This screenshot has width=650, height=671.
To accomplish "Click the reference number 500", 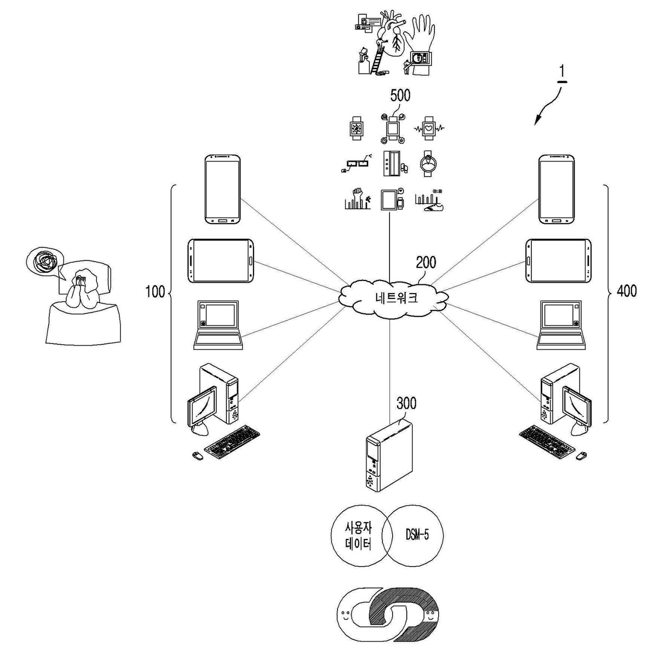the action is pos(400,95).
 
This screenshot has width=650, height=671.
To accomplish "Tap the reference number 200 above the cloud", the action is pos(426,262).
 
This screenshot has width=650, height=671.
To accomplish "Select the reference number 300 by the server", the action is pos(406,403).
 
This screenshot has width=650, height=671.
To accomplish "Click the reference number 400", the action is pos(627,291).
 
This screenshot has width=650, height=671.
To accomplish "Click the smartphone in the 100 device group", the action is pos(223,190).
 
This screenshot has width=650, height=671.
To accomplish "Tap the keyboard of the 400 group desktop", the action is pos(547,442).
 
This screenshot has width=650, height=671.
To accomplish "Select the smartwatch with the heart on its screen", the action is pos(428,128).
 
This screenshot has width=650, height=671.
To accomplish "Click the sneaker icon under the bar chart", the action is pos(433,207).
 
